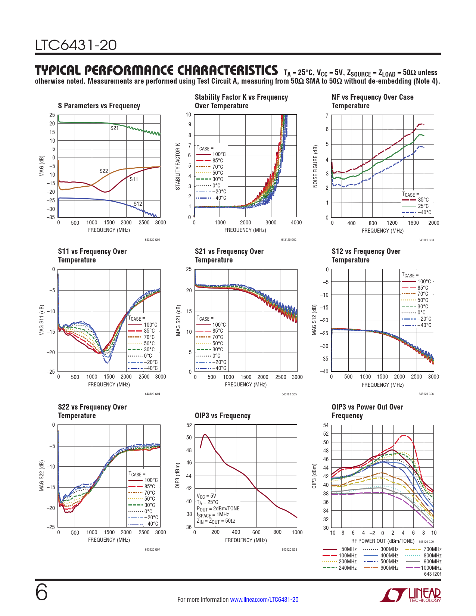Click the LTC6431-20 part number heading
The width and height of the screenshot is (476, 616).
click(x=76, y=46)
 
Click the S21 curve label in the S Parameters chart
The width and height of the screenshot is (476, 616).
click(x=114, y=128)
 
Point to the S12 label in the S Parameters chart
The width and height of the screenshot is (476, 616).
click(x=138, y=204)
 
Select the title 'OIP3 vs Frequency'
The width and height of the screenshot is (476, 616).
click(x=223, y=416)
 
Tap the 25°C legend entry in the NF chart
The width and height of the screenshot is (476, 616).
click(x=423, y=206)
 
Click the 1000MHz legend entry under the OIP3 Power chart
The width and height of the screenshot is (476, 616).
click(x=431, y=568)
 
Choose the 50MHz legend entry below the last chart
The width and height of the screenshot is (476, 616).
click(x=349, y=549)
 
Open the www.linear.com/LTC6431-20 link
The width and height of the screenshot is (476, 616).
click(x=264, y=600)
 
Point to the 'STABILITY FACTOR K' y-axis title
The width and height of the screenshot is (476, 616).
click(x=178, y=166)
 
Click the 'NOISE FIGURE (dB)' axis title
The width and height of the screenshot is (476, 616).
click(x=315, y=166)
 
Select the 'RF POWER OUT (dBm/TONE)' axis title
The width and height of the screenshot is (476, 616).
click(x=382, y=541)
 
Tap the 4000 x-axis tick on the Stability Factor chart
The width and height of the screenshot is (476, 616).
click(x=296, y=223)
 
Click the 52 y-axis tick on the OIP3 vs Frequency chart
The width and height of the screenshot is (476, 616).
click(x=189, y=425)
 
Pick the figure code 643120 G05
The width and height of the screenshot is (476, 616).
click(x=289, y=394)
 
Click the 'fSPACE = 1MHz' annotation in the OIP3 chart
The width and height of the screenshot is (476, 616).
click(x=213, y=515)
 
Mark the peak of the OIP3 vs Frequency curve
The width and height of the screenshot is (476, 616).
click(x=205, y=435)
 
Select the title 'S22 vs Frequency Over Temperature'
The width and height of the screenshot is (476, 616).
click(x=92, y=411)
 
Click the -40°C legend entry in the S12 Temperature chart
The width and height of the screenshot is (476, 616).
click(x=424, y=325)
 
